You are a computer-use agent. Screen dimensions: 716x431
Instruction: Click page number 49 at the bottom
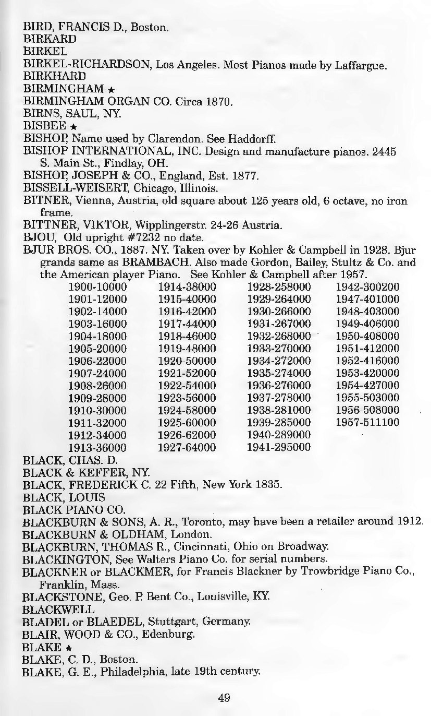[224, 697]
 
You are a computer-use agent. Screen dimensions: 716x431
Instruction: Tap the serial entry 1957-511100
[367, 422]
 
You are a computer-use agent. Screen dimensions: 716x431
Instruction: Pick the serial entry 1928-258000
[279, 287]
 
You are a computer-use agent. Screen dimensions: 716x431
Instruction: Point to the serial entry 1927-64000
[187, 447]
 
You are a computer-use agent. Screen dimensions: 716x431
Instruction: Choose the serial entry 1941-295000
[279, 447]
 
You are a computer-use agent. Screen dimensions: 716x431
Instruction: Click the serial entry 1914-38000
[187, 287]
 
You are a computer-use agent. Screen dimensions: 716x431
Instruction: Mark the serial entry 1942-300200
[367, 287]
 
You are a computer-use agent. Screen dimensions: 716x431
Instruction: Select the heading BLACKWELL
[59, 608]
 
